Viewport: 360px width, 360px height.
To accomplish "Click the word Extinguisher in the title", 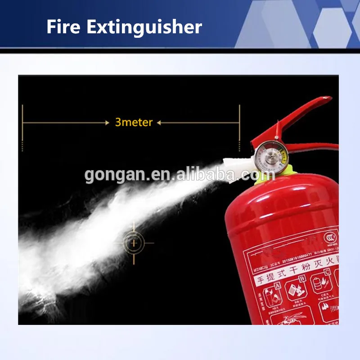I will coord(144,28).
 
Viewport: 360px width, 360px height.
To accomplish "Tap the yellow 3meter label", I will coord(134,122).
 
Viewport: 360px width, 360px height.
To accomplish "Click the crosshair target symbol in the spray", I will coord(133,243).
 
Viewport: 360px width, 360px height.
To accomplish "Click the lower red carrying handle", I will coord(315,147).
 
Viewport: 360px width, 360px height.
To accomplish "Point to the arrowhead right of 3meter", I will coord(159,122).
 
